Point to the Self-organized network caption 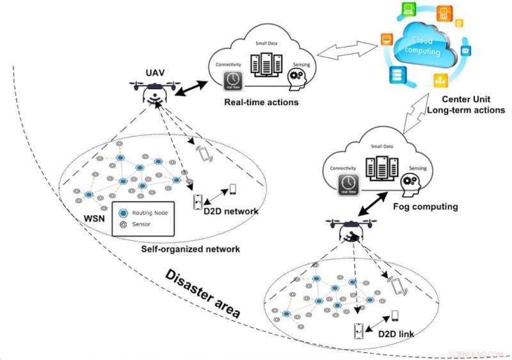click(190, 249)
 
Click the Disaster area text click(202, 294)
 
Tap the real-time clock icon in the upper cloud click(232, 79)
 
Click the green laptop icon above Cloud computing click(408, 10)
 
